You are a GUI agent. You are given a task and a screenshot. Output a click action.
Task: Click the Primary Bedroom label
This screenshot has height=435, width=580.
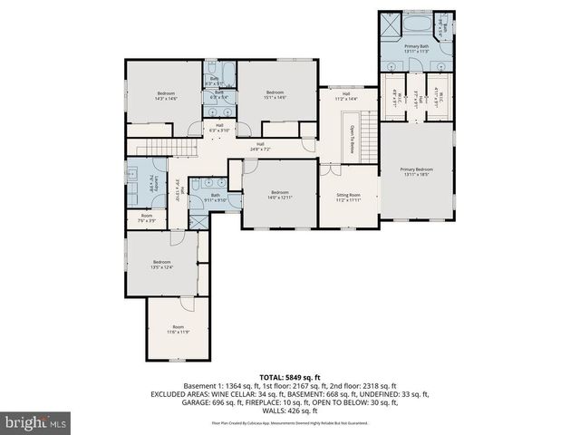(x=417, y=171)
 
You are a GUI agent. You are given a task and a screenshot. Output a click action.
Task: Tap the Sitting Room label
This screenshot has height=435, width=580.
(x=349, y=197)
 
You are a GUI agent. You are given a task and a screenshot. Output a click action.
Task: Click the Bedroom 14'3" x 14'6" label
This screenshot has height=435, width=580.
(x=166, y=96)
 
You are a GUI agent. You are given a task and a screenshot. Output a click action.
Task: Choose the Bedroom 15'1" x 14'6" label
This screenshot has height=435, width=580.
(x=275, y=94)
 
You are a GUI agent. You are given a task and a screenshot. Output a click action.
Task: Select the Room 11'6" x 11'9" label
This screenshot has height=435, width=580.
(x=178, y=329)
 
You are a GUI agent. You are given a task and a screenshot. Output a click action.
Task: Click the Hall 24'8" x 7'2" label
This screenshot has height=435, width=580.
(x=260, y=146)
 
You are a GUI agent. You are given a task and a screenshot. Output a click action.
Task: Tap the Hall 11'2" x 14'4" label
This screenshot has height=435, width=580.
(x=346, y=95)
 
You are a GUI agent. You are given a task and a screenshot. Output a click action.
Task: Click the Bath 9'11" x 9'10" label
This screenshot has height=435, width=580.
(x=216, y=198)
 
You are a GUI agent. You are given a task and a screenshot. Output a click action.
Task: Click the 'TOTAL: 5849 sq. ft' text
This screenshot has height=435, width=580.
(x=290, y=376)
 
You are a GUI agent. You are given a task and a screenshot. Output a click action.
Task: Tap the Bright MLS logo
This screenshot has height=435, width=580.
(x=36, y=421)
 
